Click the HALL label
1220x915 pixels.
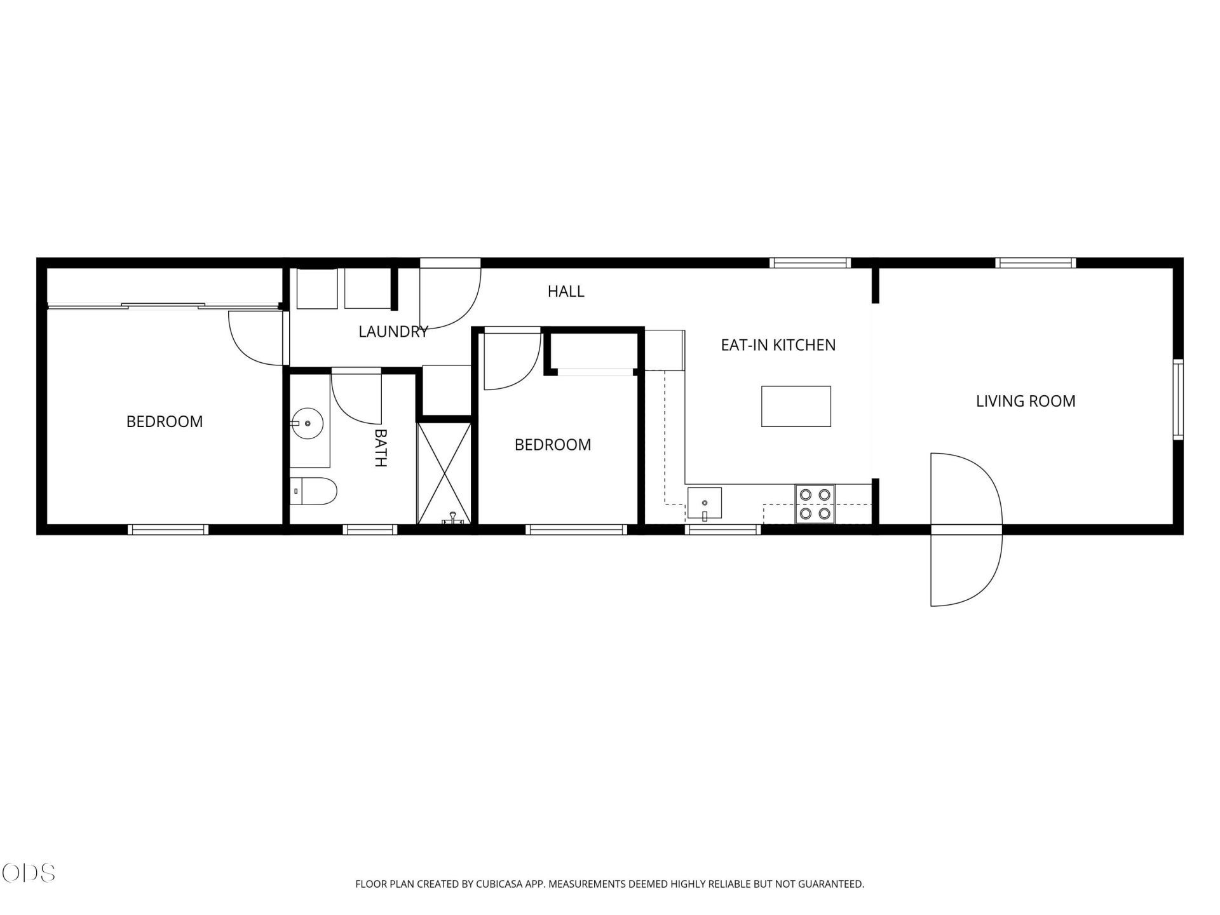566,292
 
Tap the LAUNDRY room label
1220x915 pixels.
393,332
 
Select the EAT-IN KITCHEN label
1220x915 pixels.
778,345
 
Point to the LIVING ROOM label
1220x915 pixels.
1026,401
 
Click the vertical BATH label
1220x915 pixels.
380,448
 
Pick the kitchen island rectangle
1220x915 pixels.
796,406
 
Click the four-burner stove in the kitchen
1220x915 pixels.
815,504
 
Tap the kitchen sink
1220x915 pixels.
705,503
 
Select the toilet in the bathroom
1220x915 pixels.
313,491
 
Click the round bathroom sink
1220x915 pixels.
308,423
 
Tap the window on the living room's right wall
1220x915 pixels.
1178,399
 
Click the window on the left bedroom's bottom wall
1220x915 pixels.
168,529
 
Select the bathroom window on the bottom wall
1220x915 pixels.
370,529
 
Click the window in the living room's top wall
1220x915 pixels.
1035,262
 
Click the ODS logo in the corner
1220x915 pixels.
29,872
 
